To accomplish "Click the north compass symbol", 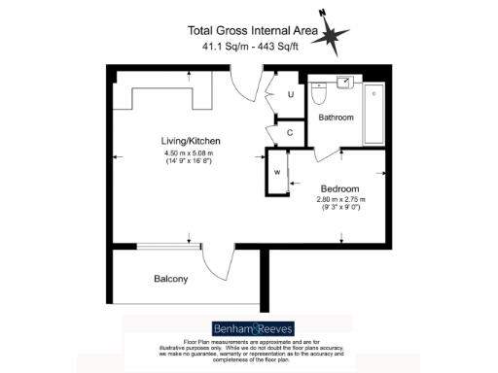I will (x=336, y=37).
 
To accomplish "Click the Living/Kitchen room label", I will (x=188, y=140).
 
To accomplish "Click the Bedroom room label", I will (x=339, y=188).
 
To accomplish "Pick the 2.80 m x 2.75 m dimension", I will (x=339, y=201).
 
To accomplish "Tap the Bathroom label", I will (x=336, y=118).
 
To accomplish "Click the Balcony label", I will (x=171, y=280).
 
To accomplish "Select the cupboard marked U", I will (x=291, y=94).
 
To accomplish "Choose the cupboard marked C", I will (x=290, y=132).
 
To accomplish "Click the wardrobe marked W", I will (x=278, y=173).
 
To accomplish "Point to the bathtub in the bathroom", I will (x=376, y=107).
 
